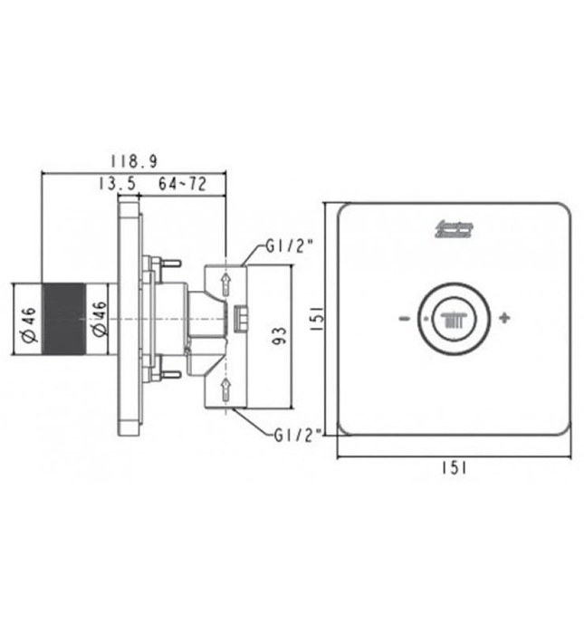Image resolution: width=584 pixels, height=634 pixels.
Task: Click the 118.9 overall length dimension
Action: tap(134, 161)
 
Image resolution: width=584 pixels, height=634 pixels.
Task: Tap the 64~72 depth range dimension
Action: tap(182, 184)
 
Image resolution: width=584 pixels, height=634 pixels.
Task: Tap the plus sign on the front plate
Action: tap(504, 318)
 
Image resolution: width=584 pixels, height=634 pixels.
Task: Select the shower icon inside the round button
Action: tap(453, 318)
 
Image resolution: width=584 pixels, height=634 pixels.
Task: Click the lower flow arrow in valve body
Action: tap(225, 390)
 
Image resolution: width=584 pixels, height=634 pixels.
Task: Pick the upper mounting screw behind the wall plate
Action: tap(166, 264)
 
